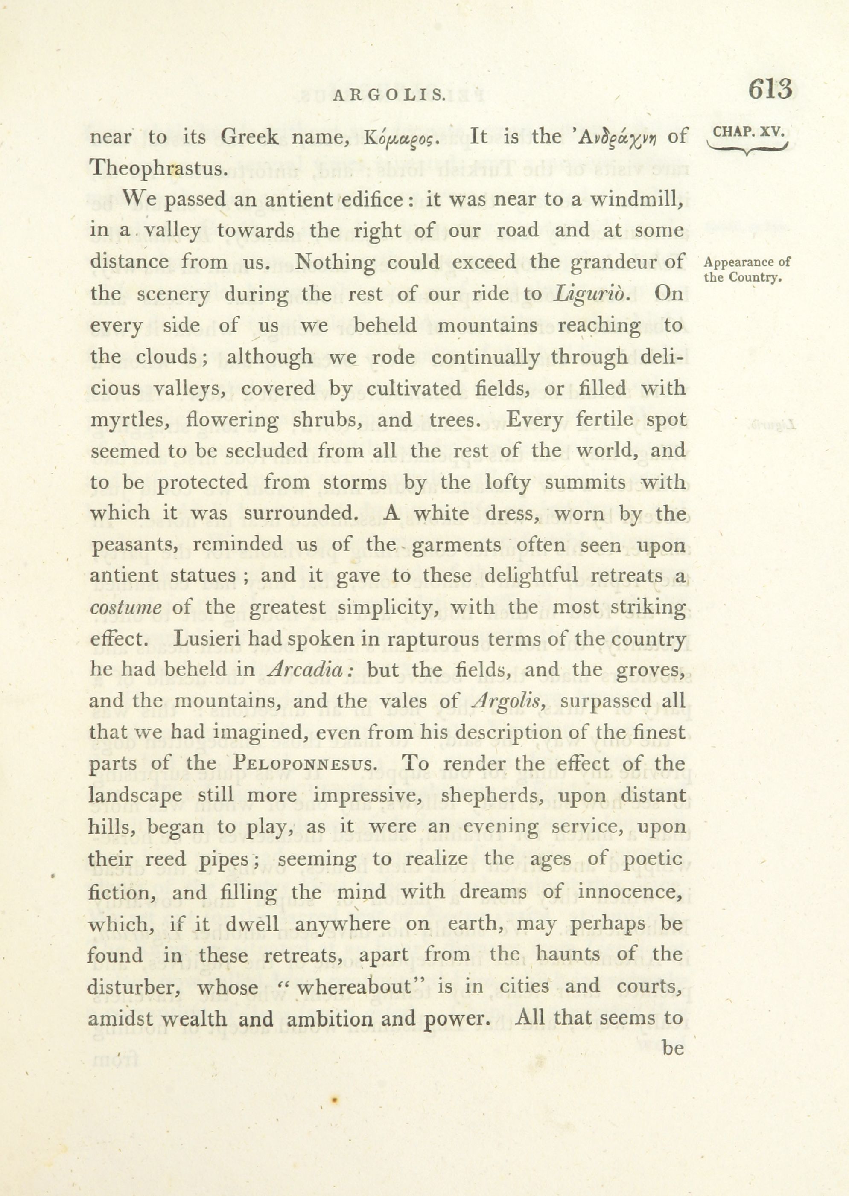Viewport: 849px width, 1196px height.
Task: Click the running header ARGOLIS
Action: (x=389, y=95)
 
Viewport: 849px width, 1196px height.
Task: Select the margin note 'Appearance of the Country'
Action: (x=747, y=269)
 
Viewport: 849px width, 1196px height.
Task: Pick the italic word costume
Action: (x=125, y=608)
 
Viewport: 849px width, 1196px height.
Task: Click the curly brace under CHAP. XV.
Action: (x=747, y=150)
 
